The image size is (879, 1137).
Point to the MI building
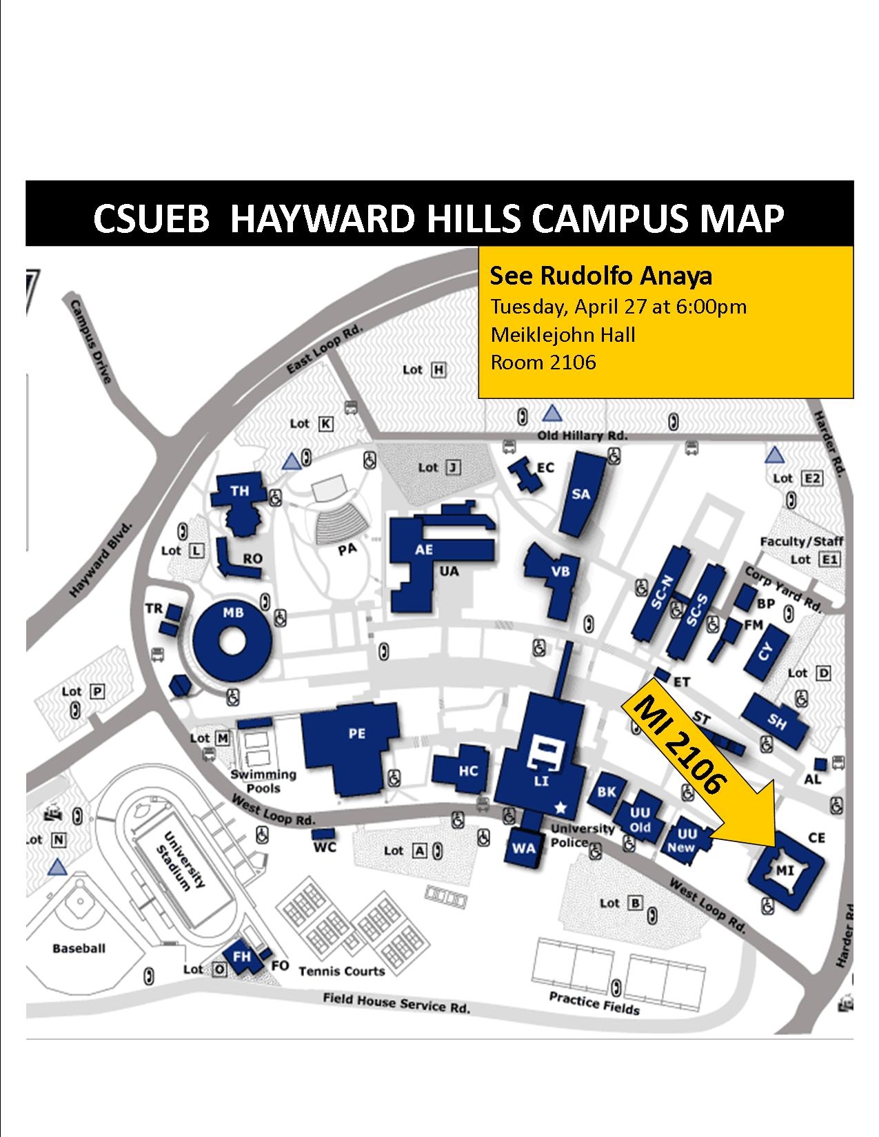[x=786, y=870]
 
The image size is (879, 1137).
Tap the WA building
[x=524, y=847]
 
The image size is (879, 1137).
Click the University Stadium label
[x=183, y=861]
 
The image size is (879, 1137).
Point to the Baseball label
[x=79, y=948]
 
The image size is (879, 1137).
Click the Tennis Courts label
[x=341, y=971]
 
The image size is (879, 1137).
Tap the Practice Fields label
[x=594, y=1003]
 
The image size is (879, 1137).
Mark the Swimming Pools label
[x=263, y=781]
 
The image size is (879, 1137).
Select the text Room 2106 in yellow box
[x=543, y=362]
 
